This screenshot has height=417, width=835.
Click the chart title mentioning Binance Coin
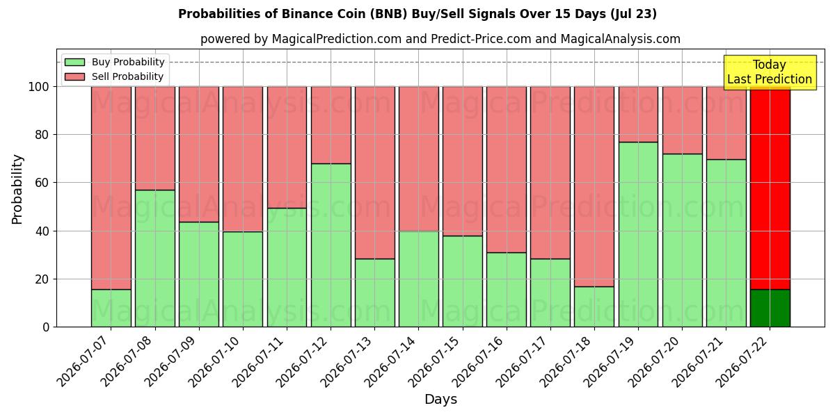tap(417, 14)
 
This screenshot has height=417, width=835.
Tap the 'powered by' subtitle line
tap(440, 39)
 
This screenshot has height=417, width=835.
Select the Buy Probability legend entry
tap(114, 62)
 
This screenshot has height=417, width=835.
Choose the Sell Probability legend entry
tap(114, 76)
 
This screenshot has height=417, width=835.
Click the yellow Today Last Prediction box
tap(770, 72)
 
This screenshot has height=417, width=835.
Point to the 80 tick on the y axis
tap(42, 134)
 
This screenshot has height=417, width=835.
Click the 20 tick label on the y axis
tap(42, 279)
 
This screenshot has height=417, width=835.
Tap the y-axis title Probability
tap(17, 189)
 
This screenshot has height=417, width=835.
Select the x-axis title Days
tap(440, 399)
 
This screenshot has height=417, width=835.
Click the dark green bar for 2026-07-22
tap(770, 308)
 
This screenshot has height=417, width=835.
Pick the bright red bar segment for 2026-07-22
tap(770, 188)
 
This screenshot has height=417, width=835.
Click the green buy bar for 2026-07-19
tap(638, 235)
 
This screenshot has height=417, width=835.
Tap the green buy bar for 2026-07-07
tap(111, 308)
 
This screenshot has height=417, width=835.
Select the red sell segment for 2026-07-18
tap(594, 186)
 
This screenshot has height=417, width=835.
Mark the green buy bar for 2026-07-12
tap(331, 245)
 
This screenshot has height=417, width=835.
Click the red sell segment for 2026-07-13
tap(374, 173)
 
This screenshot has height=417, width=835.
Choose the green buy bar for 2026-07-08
tap(155, 259)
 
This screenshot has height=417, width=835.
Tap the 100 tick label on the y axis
tap(39, 87)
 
